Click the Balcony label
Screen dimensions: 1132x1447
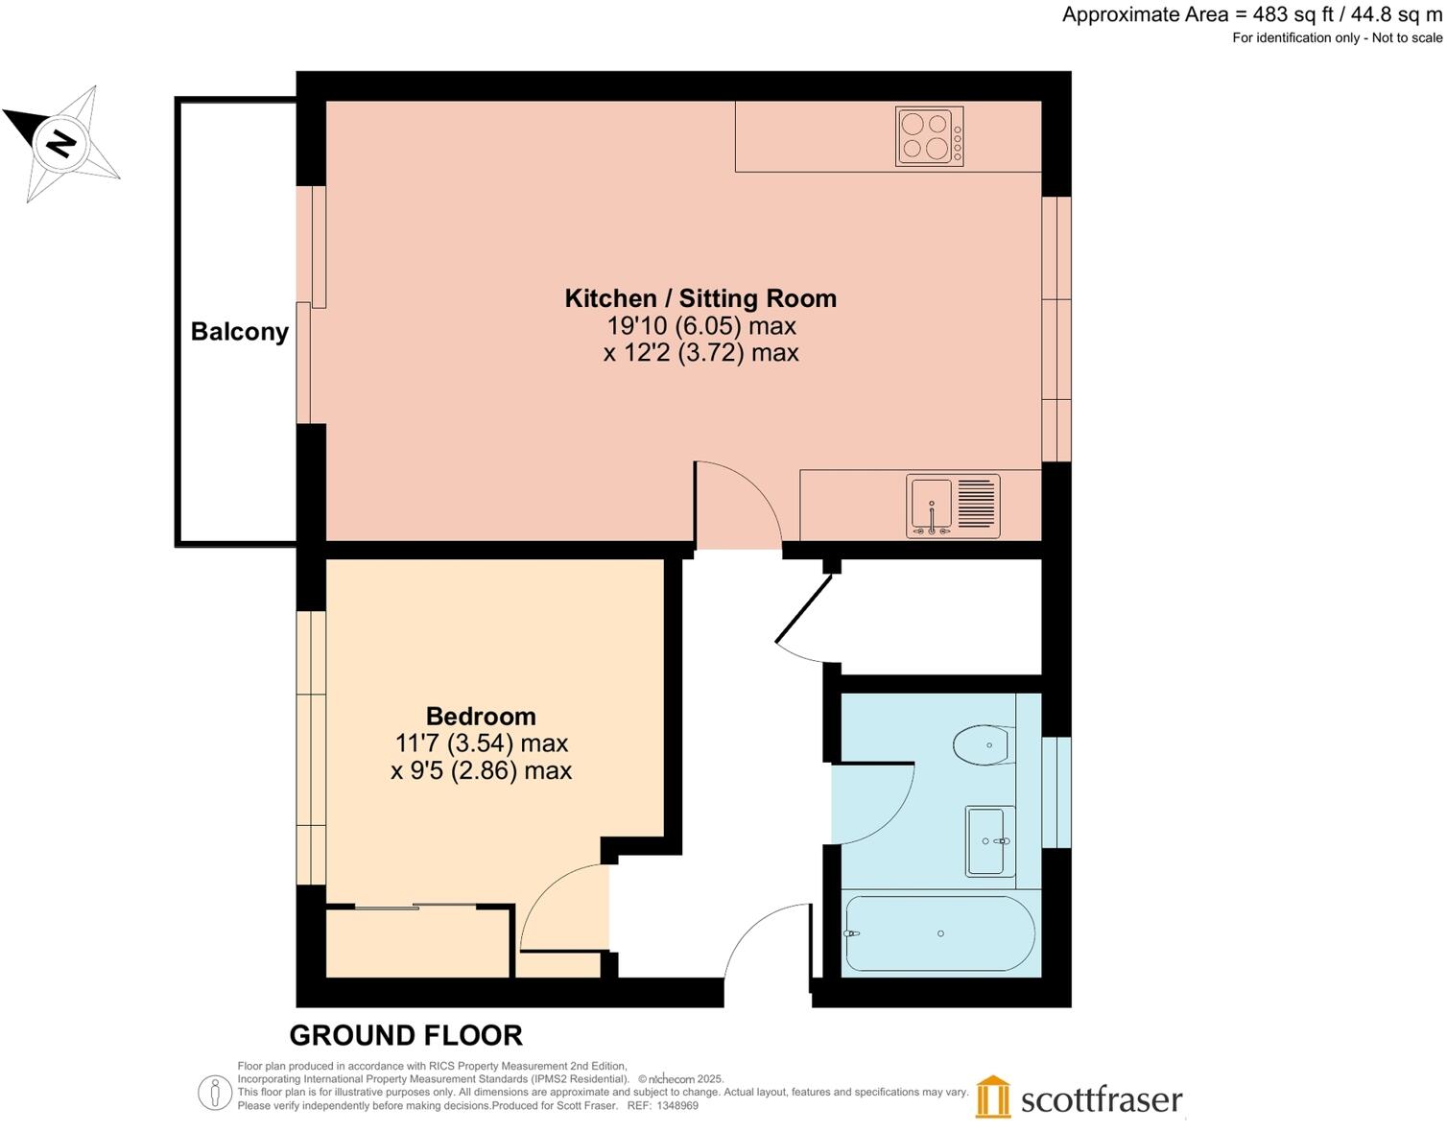point(239,332)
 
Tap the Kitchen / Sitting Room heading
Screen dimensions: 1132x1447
point(700,298)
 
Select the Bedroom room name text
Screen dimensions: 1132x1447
point(481,717)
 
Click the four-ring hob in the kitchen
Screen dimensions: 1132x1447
point(929,137)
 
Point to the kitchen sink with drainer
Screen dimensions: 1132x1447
point(953,506)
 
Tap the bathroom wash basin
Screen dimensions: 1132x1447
point(989,841)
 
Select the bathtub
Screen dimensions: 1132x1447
point(939,934)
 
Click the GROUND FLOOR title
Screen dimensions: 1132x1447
point(406,1036)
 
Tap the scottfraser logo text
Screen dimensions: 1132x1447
point(1101,1099)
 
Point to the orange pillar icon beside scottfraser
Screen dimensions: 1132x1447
point(993,1097)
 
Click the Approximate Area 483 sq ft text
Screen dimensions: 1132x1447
point(1251,15)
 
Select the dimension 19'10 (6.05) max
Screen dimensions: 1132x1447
point(700,326)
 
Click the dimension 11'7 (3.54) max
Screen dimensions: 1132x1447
point(481,743)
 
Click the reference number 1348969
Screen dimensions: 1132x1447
point(676,1106)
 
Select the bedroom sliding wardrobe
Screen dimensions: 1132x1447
point(417,942)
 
